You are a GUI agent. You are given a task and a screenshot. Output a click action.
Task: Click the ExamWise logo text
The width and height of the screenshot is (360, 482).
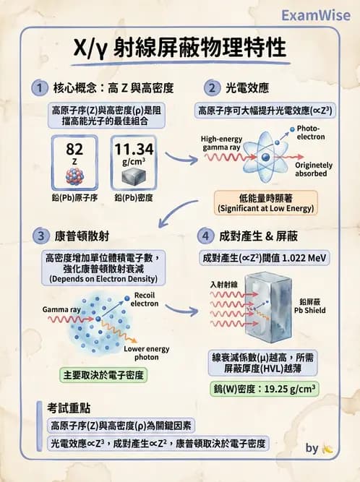pyautogui.click(x=315, y=14)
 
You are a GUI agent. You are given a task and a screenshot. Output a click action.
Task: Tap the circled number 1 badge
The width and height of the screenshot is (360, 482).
pyautogui.click(x=38, y=88)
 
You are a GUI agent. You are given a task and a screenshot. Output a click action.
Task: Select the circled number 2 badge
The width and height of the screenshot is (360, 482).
pyautogui.click(x=211, y=88)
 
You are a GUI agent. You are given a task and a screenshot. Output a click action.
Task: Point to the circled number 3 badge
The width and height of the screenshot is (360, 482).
pyautogui.click(x=38, y=236)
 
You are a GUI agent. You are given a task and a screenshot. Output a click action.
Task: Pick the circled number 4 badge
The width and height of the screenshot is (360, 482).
pyautogui.click(x=207, y=236)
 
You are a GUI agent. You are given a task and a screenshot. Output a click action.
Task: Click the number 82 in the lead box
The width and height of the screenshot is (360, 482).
pyautogui.click(x=74, y=149)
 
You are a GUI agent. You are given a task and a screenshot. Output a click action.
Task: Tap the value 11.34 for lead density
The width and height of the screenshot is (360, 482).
pyautogui.click(x=134, y=149)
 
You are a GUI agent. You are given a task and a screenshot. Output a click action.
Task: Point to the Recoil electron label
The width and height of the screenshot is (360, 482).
pyautogui.click(x=145, y=299)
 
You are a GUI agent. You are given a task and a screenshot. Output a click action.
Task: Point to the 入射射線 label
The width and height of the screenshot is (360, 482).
pyautogui.click(x=224, y=284)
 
